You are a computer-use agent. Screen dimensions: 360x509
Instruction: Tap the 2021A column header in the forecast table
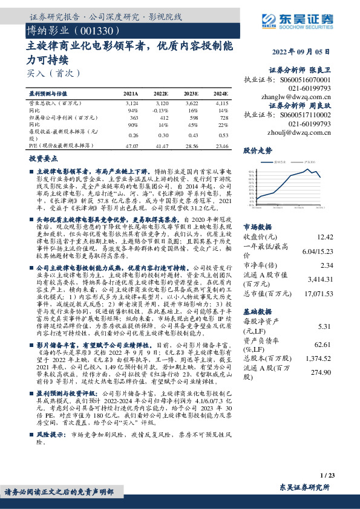[x=131, y=94]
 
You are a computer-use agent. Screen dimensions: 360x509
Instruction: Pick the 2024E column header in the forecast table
[x=220, y=94]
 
